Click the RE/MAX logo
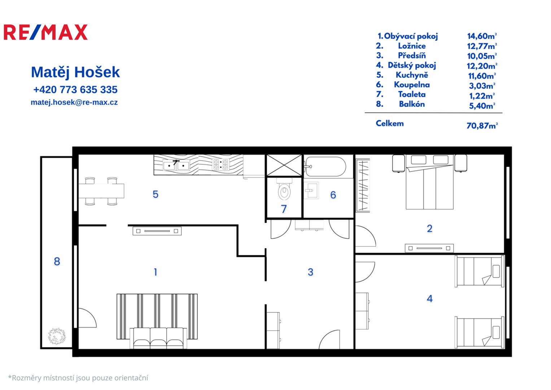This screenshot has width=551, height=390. [45, 32]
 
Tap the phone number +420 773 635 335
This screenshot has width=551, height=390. [75, 90]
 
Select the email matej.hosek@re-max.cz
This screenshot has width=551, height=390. [74, 102]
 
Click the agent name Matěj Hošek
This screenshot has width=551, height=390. [75, 72]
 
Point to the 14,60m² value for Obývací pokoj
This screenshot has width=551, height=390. [482, 36]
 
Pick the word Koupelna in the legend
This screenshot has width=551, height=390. [412, 85]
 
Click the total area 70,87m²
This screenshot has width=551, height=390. [482, 126]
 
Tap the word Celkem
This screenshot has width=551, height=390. [390, 123]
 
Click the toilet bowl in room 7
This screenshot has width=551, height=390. [284, 189]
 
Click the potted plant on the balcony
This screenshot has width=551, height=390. [57, 336]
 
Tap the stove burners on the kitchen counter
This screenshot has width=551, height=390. [220, 165]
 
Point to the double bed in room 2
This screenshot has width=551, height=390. [429, 182]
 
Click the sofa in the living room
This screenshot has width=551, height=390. [158, 338]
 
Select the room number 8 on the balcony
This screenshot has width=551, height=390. [57, 261]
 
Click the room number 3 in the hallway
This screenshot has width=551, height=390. [310, 272]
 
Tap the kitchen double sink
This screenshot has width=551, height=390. [176, 165]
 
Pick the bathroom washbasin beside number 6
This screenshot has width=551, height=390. [311, 190]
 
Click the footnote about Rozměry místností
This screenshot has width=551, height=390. [78, 378]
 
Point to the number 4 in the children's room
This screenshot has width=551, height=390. [429, 298]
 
